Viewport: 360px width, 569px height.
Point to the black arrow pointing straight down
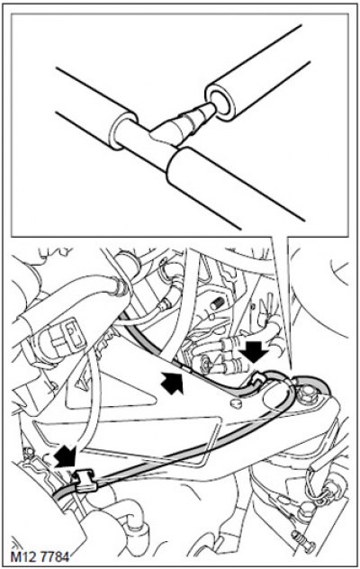[x=257, y=350]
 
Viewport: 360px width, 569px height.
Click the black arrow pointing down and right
[x=66, y=456]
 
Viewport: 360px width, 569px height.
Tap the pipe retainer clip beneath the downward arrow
[x=258, y=380]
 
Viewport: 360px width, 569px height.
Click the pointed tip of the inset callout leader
[x=291, y=370]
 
